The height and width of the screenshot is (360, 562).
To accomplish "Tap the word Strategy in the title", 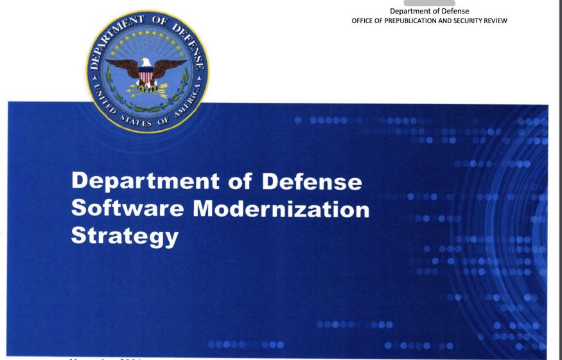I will click(x=125, y=236).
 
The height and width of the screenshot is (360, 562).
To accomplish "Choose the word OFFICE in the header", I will click(x=363, y=21).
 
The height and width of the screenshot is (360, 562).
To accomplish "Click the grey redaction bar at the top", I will click(x=429, y=3).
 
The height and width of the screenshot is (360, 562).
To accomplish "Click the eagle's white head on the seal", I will click(x=147, y=62).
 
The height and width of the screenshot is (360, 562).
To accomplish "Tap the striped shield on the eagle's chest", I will click(x=147, y=76).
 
